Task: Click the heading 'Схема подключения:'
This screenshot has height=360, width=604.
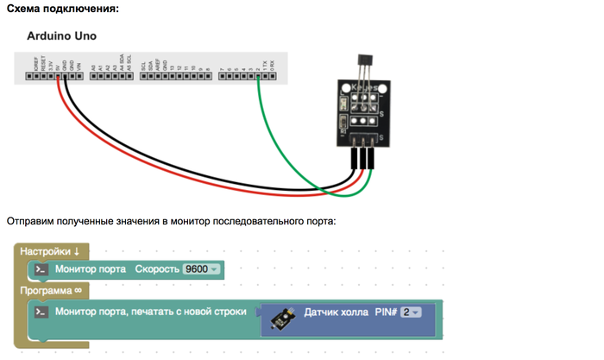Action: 62,9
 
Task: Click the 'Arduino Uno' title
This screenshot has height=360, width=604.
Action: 62,36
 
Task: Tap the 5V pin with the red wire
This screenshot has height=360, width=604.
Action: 59,76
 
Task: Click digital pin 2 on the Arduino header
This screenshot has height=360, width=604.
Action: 258,76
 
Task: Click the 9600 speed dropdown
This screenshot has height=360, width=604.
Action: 202,269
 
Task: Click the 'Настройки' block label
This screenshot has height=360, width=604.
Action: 50,251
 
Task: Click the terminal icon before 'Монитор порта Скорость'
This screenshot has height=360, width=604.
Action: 41,269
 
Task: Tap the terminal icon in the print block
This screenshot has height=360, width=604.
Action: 41,311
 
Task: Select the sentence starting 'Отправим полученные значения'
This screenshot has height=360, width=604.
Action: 171,221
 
